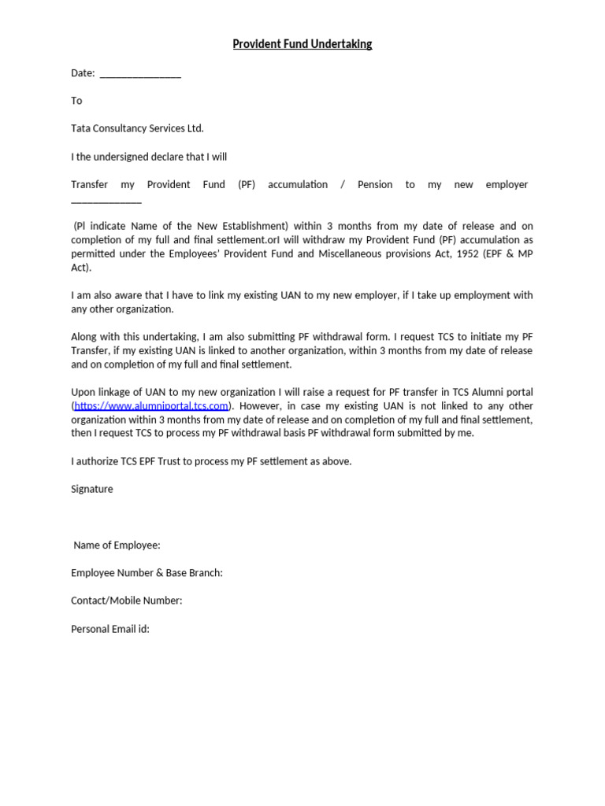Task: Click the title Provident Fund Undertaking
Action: pos(302,44)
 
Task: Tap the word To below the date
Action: pos(76,101)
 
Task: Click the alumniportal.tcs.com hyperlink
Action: pos(151,405)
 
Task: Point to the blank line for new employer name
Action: pos(106,201)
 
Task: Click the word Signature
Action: pos(92,489)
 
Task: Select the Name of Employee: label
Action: pos(117,545)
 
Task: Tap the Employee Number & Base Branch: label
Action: pos(147,572)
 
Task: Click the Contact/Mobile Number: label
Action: pos(126,601)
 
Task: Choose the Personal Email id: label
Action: pos(110,629)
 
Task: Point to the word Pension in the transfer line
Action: pos(375,184)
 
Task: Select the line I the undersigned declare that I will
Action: pos(149,157)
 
